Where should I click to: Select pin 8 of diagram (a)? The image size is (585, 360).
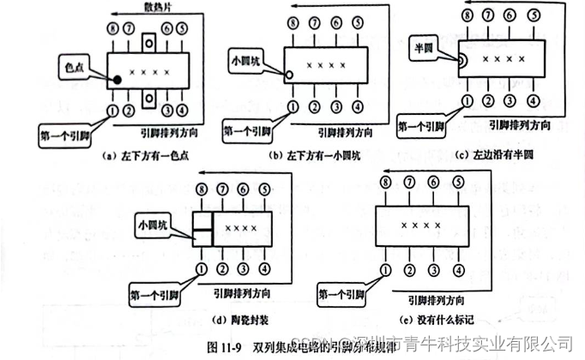coord(112,30)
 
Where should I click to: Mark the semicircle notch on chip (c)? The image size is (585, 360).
coord(461,60)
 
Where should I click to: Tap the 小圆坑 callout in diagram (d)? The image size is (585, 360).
coord(154,226)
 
